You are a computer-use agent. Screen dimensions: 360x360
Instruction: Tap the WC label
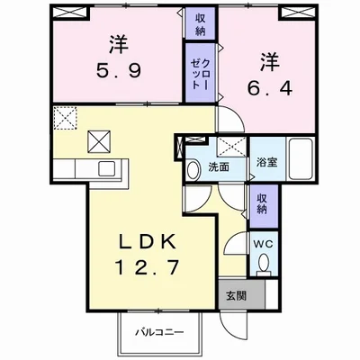coord(262,243)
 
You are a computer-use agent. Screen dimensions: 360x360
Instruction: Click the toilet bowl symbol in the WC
coord(264,263)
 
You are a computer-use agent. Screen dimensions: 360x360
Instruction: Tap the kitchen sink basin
coord(106,169)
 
